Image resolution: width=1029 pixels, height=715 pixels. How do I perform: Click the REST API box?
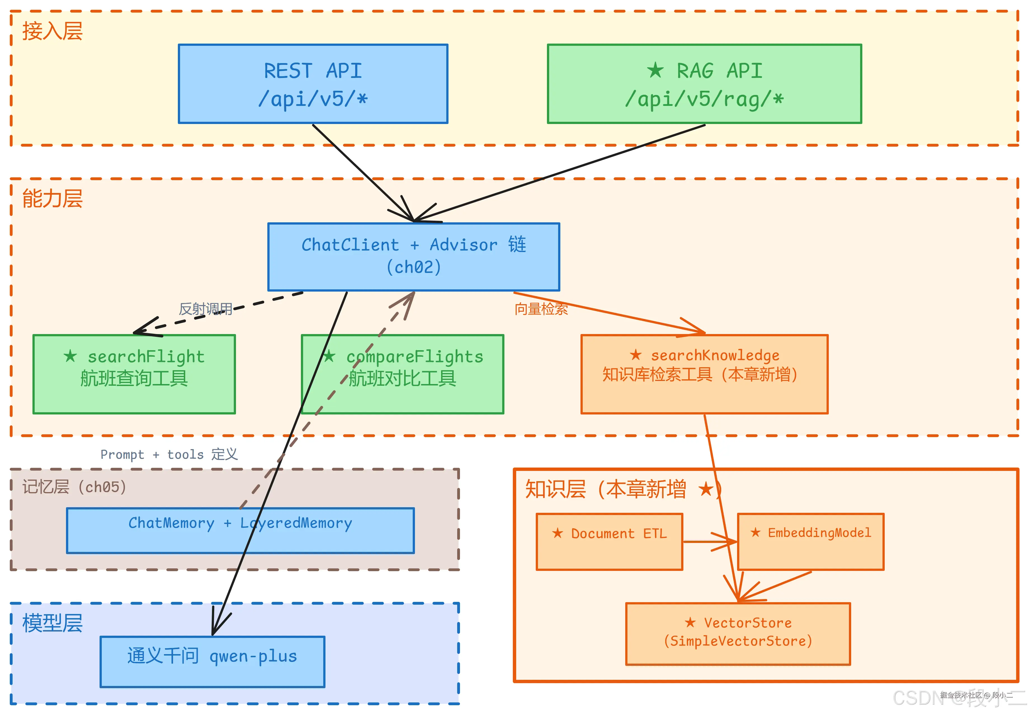tap(313, 84)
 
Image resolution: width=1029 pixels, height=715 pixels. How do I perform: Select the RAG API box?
tap(704, 84)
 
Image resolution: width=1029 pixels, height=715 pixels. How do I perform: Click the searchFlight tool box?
tap(134, 374)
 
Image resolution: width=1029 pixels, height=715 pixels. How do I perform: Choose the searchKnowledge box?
tap(704, 374)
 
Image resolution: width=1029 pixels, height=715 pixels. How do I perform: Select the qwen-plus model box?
tap(213, 661)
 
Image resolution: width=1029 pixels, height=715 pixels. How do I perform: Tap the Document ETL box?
tap(609, 541)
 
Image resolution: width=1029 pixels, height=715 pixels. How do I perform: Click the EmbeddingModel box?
tap(810, 541)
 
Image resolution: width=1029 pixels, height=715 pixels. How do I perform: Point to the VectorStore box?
tap(738, 633)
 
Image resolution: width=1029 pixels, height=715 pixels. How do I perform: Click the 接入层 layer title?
tap(53, 31)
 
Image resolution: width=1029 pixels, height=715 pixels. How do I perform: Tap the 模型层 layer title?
tap(53, 623)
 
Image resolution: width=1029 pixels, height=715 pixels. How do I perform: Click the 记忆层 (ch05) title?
tap(74, 487)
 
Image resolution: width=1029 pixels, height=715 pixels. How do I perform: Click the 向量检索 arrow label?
tap(541, 309)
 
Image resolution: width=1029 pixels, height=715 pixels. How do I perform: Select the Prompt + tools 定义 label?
tap(169, 454)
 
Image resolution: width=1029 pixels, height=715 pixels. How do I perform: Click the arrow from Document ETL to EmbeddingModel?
tap(709, 542)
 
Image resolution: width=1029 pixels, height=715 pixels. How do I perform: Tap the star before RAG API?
tap(655, 70)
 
